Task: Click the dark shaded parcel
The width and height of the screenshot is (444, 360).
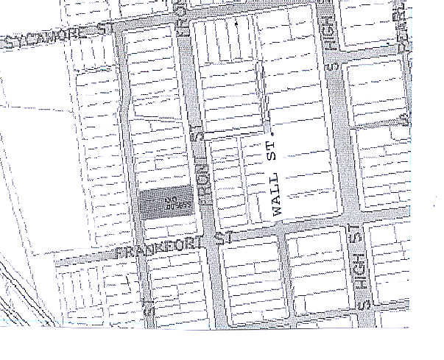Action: [166, 202]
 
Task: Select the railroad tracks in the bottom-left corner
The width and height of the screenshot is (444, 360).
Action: [15, 294]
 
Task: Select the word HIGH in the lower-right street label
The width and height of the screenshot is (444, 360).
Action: [361, 276]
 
